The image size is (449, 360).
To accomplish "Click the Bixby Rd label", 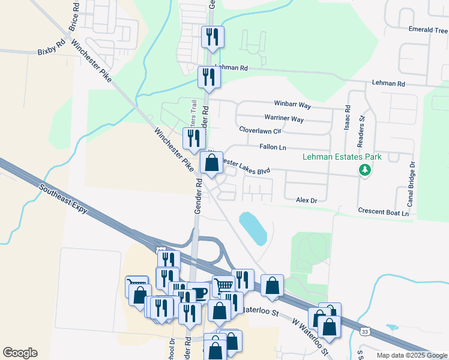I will tap(51, 46).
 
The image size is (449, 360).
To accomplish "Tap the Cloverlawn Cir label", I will tap(259, 130).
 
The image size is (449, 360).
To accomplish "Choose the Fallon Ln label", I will tap(273, 147).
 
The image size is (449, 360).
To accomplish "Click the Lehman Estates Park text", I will tap(342, 157).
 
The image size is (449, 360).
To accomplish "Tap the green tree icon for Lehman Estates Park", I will tap(364, 170).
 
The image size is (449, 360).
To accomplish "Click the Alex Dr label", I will tap(306, 199).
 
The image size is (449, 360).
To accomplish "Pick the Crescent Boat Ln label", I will tap(383, 212).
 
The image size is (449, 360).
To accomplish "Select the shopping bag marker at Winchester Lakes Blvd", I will tap(211, 163).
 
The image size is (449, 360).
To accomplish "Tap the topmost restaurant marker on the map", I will tap(212, 37).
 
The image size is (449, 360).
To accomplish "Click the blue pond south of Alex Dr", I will tap(253, 228).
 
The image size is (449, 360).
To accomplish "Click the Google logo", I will tap(20, 353).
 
